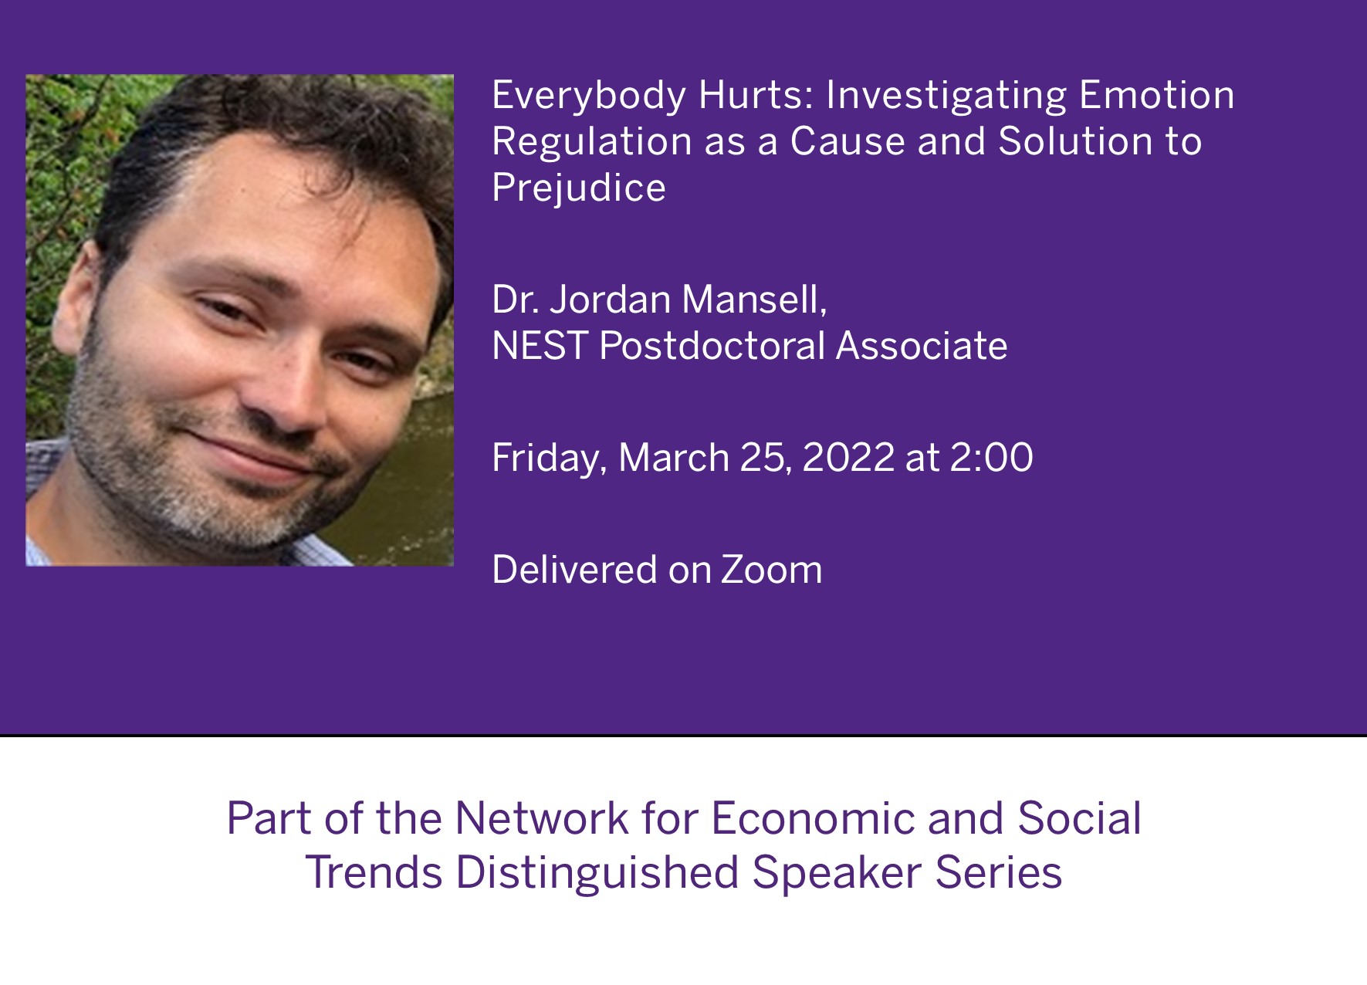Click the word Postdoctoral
click(712, 346)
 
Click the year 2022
click(848, 458)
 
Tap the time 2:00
click(991, 458)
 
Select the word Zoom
click(771, 570)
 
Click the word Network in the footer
click(542, 819)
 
